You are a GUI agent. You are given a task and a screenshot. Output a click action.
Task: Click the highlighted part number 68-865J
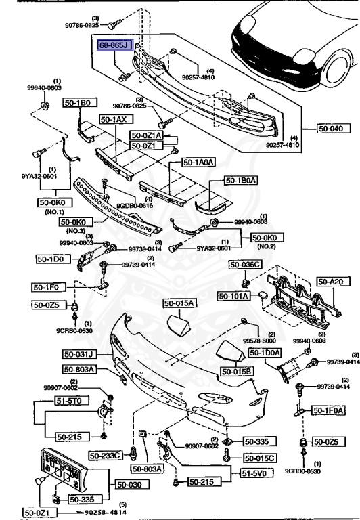[x=115, y=45]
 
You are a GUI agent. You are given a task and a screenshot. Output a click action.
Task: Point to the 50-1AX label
[x=114, y=118]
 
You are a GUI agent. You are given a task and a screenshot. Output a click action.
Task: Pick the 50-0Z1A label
[x=146, y=135]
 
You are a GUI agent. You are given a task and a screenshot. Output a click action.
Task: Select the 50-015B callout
[x=236, y=371]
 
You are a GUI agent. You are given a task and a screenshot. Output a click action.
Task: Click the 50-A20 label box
[x=334, y=280]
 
